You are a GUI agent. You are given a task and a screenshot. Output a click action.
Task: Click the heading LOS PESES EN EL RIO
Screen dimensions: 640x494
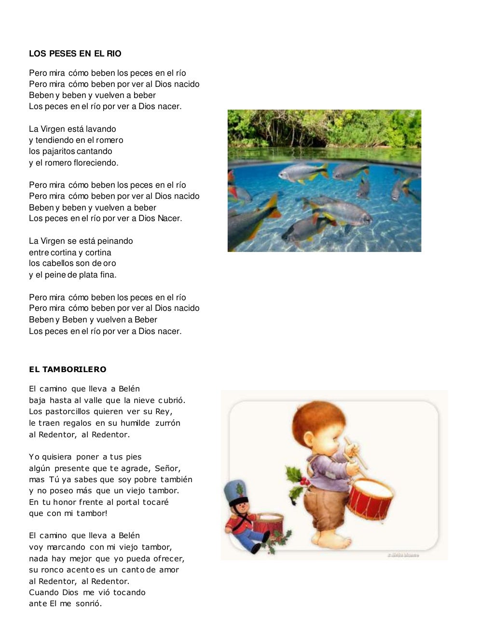75,54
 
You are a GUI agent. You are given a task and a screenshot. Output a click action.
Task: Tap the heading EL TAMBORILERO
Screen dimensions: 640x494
68,369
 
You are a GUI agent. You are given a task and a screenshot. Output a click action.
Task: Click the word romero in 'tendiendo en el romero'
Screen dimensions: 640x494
110,140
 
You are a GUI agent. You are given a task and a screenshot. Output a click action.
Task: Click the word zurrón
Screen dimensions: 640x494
168,423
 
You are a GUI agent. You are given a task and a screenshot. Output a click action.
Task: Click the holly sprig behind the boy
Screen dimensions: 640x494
296,483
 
